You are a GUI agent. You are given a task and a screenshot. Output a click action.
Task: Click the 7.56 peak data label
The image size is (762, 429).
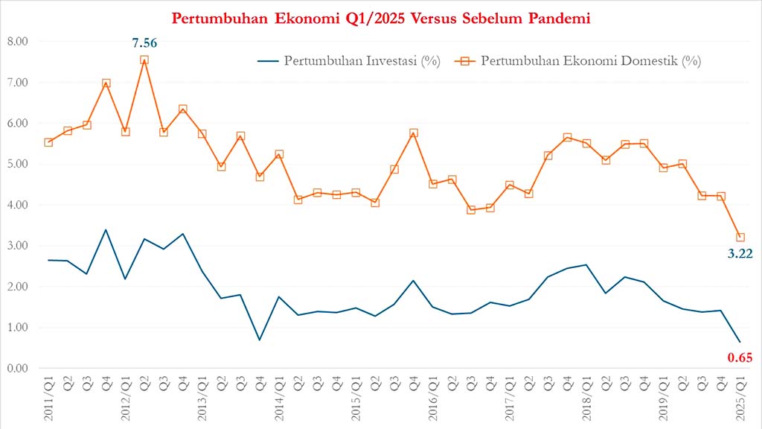144,42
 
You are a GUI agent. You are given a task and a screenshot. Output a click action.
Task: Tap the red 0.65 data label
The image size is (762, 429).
740,358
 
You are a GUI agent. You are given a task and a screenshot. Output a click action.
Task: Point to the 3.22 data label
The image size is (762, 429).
740,254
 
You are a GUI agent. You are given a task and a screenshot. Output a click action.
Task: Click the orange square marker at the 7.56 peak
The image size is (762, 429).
144,60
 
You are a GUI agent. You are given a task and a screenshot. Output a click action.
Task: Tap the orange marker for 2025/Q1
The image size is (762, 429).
740,237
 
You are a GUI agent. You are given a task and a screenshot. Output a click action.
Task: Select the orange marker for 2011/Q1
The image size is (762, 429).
48,142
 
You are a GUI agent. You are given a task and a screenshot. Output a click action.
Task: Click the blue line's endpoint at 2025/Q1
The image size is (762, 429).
740,342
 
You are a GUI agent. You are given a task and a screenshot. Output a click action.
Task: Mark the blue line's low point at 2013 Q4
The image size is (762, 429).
260,340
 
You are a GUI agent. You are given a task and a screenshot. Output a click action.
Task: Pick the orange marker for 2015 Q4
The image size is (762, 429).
414,133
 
